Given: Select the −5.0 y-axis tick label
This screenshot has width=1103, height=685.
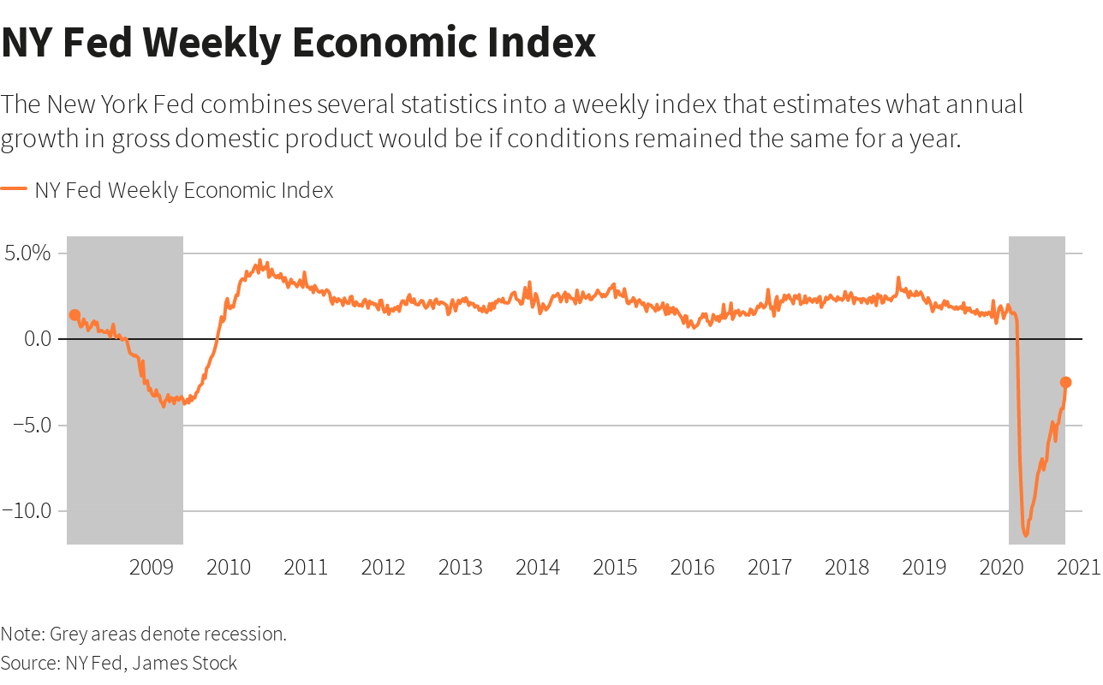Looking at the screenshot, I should click(x=31, y=425).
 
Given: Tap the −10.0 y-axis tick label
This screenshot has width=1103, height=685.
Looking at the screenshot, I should click(x=27, y=510).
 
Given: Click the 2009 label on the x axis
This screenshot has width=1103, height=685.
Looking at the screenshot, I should click(x=152, y=567).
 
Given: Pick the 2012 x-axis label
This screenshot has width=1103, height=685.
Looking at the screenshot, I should click(x=383, y=567).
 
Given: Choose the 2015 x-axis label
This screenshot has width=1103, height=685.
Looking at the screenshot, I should click(x=615, y=567).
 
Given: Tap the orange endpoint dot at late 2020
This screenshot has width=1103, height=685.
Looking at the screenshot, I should click(x=1065, y=382).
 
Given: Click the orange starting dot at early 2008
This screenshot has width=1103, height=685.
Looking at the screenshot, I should click(x=75, y=315).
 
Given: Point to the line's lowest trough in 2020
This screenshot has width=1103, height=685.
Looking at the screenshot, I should click(x=1026, y=536).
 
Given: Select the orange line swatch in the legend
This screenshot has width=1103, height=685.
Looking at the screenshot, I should click(x=14, y=190).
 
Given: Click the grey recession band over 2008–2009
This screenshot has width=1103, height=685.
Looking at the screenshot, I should click(x=125, y=428).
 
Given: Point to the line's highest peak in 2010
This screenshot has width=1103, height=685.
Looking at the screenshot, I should click(x=260, y=261).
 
